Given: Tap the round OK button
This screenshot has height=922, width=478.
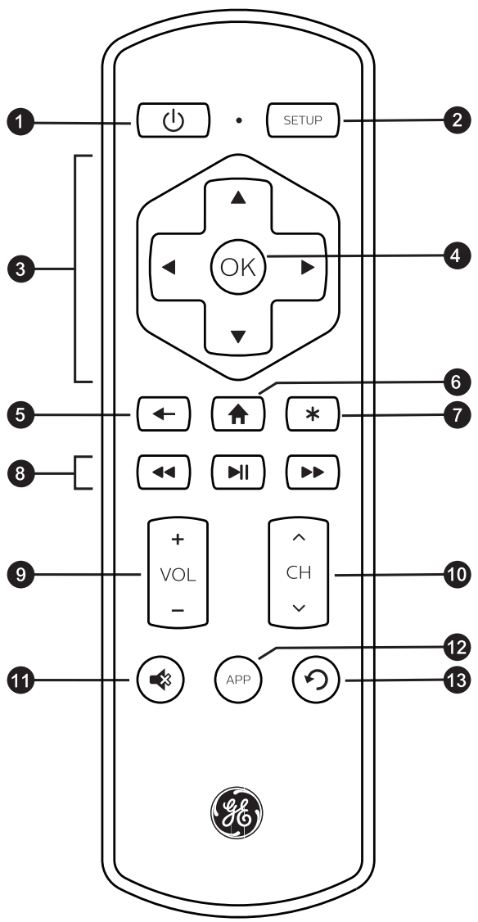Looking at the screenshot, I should pos(238,268).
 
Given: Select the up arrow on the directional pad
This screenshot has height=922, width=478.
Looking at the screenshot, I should pos(238,200).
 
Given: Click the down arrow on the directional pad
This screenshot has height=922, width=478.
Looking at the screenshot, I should pos(238,336).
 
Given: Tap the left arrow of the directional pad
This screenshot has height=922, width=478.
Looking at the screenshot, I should pos(169,269).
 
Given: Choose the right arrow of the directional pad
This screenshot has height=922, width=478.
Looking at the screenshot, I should pos(308,269).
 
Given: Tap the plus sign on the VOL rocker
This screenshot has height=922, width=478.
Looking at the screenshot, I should pos(178,540).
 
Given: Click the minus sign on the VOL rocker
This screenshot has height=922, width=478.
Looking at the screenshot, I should pos(178,611).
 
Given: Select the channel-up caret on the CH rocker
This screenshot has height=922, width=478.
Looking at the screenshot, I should pos(298,538).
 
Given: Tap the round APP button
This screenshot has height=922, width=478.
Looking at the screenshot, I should pos(238,679).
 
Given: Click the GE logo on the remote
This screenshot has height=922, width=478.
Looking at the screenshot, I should pos(238,812).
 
